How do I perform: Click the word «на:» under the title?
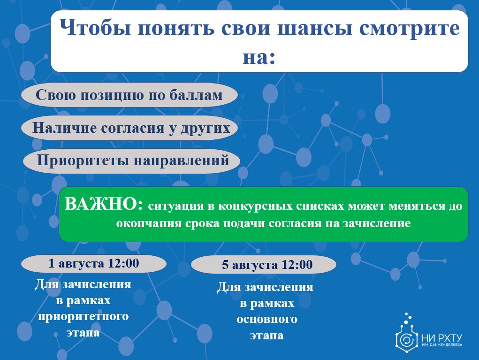coord(259,57)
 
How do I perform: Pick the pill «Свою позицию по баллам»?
coord(129,95)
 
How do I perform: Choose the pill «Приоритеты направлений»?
coord(131,161)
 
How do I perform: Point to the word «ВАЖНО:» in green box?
coord(104,204)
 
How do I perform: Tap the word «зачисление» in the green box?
coord(377,223)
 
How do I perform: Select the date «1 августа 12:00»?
coord(94,263)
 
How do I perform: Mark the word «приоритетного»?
coord(83,316)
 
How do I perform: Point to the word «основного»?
coord(267,319)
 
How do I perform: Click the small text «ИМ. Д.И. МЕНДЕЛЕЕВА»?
coord(442,345)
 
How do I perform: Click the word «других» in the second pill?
coord(205,128)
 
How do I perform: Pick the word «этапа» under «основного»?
coord(266,336)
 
